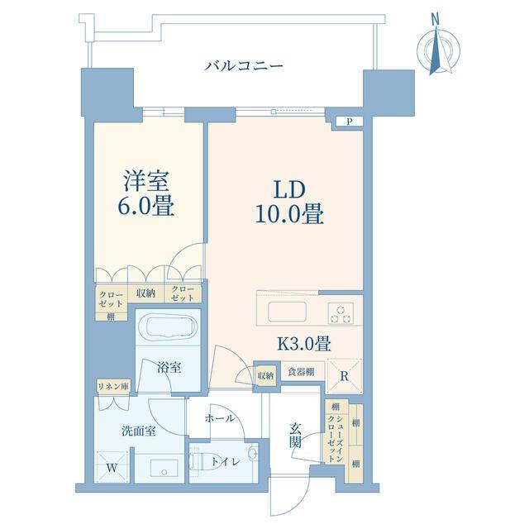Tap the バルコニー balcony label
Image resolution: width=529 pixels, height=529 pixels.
(x=245, y=65)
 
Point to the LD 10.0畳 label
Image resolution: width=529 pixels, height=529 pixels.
(x=287, y=201)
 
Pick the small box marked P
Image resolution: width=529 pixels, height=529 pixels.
(x=350, y=122)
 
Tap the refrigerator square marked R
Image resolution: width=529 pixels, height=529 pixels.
(x=345, y=376)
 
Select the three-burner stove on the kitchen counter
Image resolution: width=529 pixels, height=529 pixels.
(x=341, y=312)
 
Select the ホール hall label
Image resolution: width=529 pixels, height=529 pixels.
(x=219, y=418)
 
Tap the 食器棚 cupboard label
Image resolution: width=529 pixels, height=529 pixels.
(x=301, y=373)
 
